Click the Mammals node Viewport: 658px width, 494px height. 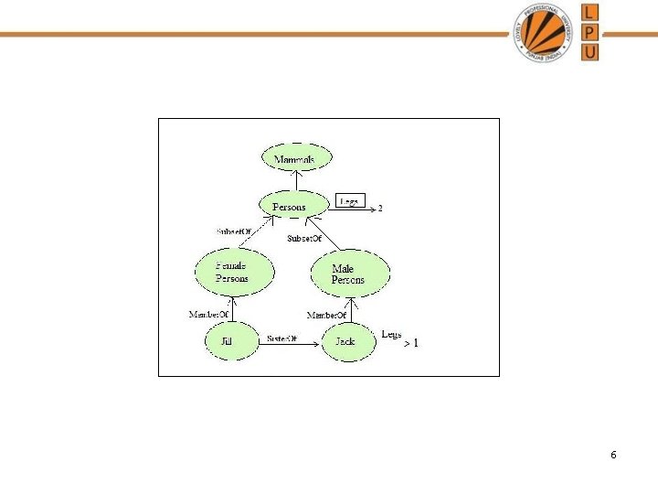[x=294, y=159]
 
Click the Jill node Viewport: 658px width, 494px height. [x=227, y=341]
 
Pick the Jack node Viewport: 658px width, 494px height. [x=345, y=341]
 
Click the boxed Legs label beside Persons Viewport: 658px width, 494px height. [x=350, y=200]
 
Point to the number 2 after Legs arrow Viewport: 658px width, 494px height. [x=380, y=209]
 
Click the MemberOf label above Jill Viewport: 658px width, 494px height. [x=208, y=315]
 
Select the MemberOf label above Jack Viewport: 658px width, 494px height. [x=326, y=315]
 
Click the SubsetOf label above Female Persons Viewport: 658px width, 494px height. [x=233, y=231]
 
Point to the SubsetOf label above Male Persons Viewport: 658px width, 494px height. [x=304, y=238]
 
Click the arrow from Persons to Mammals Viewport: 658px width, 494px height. [x=293, y=181]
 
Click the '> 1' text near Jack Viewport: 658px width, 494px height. [x=411, y=343]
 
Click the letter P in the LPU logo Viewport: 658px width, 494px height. [x=590, y=32]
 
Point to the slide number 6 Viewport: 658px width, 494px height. [x=613, y=455]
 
